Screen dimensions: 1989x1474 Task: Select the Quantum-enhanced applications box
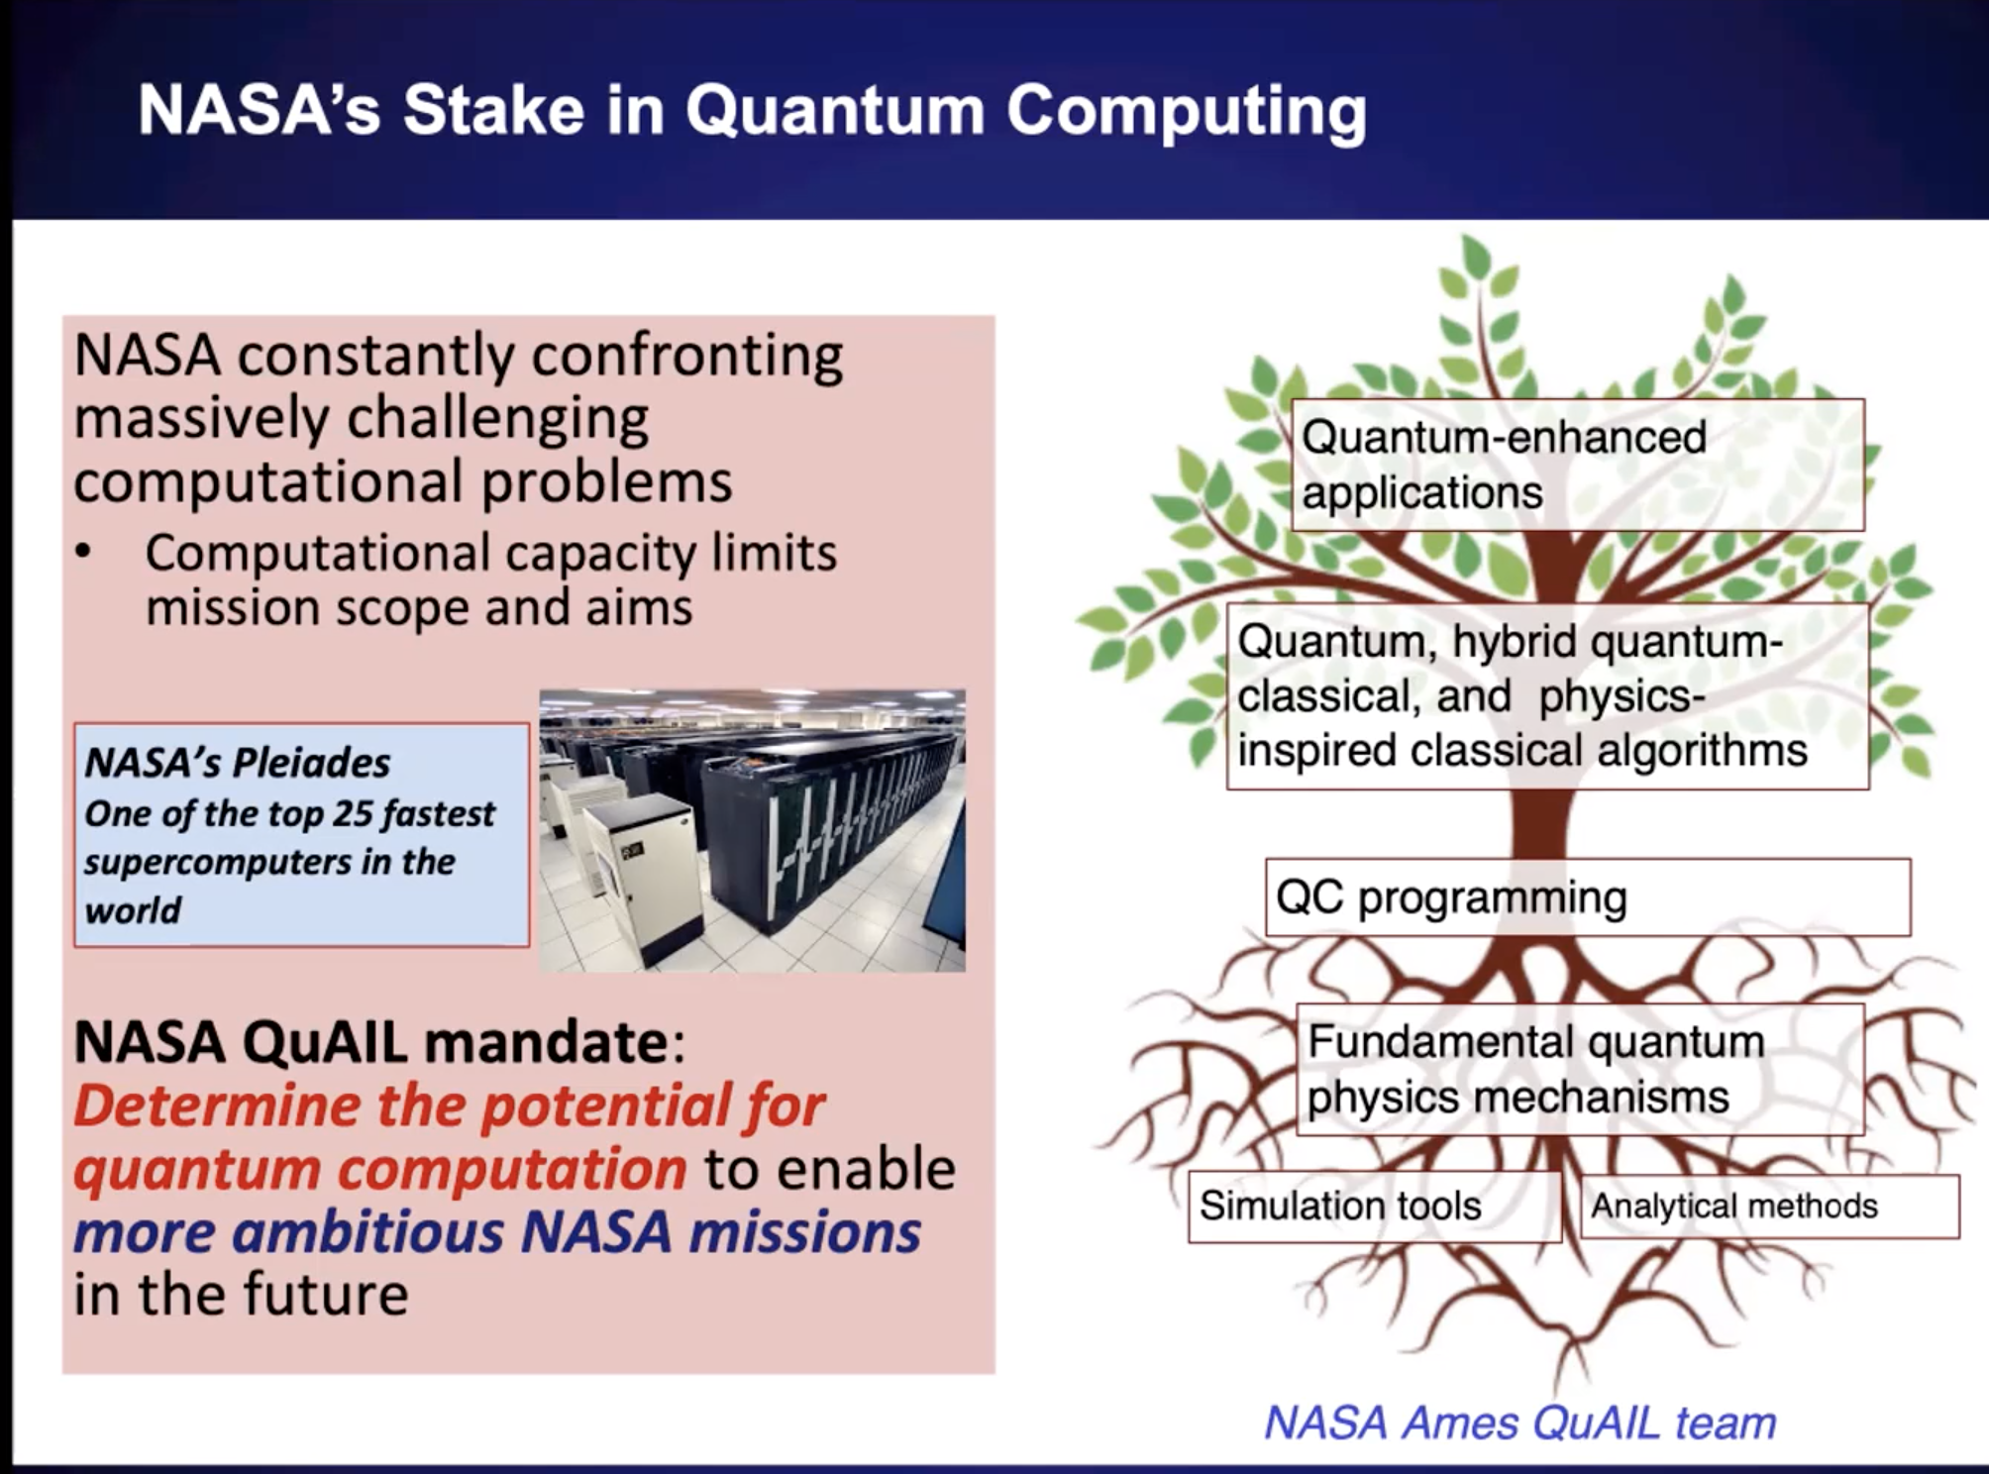tap(1578, 465)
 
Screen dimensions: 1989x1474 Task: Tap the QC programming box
tap(1588, 897)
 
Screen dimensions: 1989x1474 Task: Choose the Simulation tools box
tap(1375, 1207)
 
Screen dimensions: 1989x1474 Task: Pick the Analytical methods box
tap(1769, 1207)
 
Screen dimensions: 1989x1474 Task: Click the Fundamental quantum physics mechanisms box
tap(1581, 1069)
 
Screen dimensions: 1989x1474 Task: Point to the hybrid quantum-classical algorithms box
tap(1548, 696)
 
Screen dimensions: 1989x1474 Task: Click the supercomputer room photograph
tap(753, 830)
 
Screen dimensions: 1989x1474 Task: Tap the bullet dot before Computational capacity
tap(84, 552)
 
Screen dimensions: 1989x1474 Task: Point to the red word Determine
tap(217, 1105)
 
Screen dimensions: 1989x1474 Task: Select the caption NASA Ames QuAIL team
tap(1520, 1423)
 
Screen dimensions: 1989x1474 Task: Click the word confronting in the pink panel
tap(687, 355)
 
